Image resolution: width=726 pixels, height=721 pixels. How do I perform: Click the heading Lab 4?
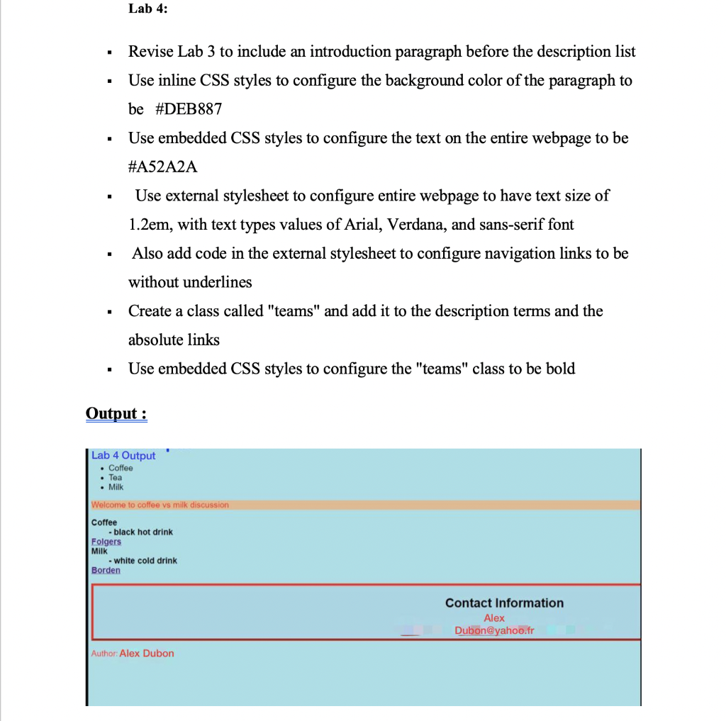coord(148,9)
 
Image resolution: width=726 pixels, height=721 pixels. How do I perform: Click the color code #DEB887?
coord(188,109)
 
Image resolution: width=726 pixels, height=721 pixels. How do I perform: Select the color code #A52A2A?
coord(163,167)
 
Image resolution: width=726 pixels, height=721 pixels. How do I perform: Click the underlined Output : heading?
coord(116,413)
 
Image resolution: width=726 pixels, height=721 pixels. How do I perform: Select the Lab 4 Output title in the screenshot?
coord(123,455)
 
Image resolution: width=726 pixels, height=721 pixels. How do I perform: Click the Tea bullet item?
coord(115,477)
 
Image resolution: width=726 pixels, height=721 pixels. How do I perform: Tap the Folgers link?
coord(106,542)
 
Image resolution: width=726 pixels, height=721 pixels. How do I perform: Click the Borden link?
coord(106,570)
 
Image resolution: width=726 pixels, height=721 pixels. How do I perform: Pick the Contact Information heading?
coord(504,603)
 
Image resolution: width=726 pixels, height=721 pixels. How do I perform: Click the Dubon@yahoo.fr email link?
coord(494,630)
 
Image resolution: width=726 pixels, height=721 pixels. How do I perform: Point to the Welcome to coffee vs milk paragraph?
coord(160,505)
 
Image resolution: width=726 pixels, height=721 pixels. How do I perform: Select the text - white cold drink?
coord(143,560)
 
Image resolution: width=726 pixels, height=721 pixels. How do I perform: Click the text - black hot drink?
coord(140,532)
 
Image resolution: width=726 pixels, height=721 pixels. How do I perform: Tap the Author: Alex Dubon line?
coord(133,653)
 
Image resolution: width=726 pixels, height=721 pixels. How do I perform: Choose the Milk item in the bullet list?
coord(116,486)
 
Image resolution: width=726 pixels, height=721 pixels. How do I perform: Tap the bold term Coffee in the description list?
coord(104,522)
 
